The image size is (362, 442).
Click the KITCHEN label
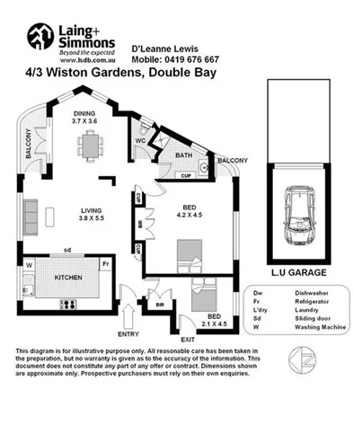[x=71, y=278]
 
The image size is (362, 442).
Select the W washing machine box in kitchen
[x=30, y=265]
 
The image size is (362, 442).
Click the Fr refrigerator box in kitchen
[x=105, y=265]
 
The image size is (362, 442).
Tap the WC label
[x=142, y=140]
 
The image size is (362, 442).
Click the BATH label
[x=185, y=155]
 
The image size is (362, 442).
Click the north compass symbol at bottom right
[x=301, y=362]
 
